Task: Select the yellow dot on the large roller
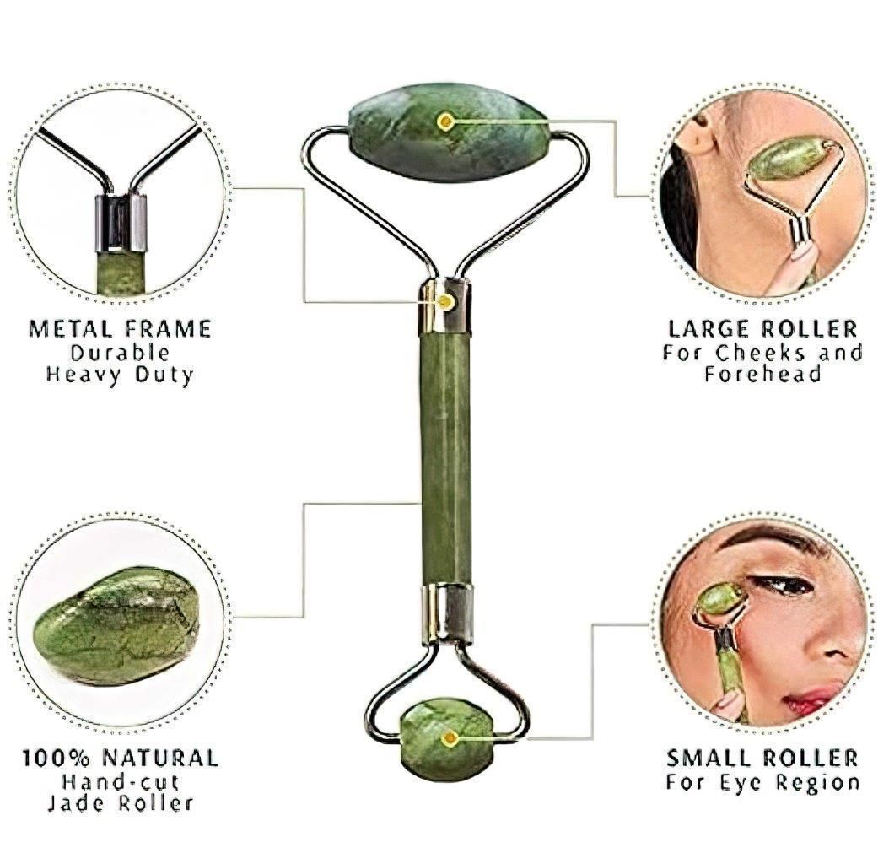(445, 121)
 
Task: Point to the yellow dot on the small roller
(450, 738)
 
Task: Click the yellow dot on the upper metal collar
(444, 300)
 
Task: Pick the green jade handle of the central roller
(445, 456)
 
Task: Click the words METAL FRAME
(120, 328)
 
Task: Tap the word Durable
(120, 352)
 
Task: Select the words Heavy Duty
(120, 374)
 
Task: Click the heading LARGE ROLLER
(762, 328)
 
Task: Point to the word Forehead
(762, 374)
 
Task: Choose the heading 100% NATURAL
(120, 757)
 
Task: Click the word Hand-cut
(120, 780)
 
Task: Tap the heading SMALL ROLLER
(762, 757)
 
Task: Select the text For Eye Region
(762, 781)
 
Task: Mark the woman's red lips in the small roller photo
(812, 699)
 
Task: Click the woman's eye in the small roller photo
(785, 584)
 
